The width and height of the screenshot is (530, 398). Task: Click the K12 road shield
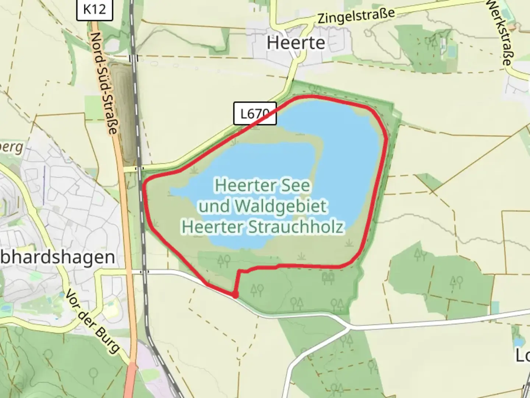[95, 9]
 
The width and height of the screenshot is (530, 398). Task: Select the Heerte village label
[296, 43]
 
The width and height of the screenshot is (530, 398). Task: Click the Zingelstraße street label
[356, 16]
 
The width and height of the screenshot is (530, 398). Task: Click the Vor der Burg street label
[93, 321]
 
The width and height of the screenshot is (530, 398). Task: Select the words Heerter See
[262, 185]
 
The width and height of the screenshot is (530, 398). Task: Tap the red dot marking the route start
[234, 295]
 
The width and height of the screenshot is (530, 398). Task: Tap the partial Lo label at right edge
[523, 355]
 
